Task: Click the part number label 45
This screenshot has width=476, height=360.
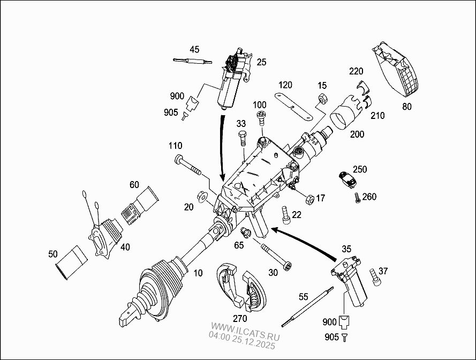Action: click(194, 50)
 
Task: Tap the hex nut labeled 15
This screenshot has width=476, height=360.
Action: click(322, 98)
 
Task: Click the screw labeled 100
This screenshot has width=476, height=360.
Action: click(261, 117)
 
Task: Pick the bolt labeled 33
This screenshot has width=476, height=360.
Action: click(241, 138)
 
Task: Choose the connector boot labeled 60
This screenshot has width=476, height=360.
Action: click(141, 205)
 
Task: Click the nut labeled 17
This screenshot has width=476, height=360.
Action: click(308, 199)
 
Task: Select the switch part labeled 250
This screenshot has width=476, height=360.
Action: click(346, 178)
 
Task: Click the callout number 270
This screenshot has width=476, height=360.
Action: click(239, 318)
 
